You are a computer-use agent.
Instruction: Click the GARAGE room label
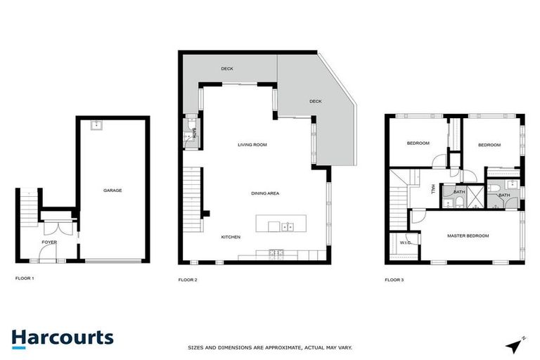point(112,191)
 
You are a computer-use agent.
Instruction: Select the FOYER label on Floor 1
point(49,242)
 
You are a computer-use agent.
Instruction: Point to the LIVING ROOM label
point(252,145)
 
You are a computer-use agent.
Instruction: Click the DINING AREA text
point(265,193)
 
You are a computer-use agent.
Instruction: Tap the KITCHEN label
point(231,237)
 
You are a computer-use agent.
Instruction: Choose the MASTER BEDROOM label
point(468,236)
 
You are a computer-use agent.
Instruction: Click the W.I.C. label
point(405,243)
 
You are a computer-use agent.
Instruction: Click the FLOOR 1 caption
point(25,278)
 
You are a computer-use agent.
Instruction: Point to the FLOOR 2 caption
point(188,280)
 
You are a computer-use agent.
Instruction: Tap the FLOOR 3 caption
point(394,280)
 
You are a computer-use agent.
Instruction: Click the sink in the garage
point(96,127)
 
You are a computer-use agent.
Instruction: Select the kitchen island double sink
point(287,226)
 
